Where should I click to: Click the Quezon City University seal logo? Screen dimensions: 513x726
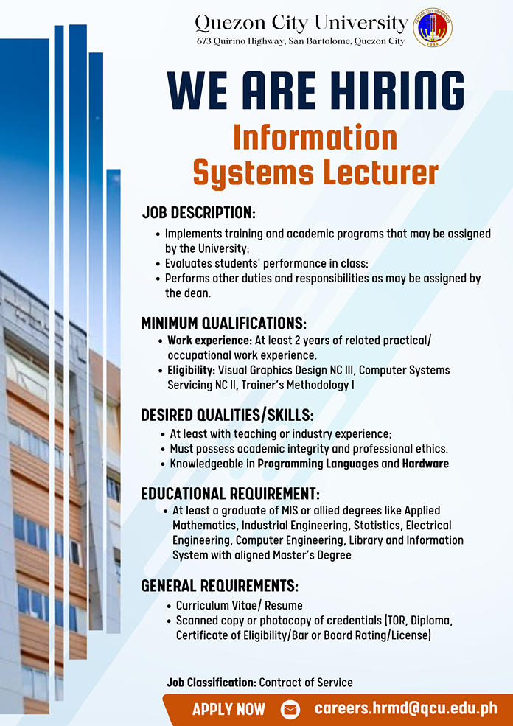tap(433, 27)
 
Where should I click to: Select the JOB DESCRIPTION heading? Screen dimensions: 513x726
tap(198, 212)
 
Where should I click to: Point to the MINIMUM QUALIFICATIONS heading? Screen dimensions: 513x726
tap(223, 323)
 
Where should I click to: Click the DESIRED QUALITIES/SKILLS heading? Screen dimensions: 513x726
tap(227, 415)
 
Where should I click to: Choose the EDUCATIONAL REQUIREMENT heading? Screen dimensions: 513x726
tap(230, 493)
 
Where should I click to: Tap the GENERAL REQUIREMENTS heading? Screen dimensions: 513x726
tap(220, 586)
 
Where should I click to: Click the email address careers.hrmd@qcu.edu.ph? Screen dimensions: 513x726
tap(406, 708)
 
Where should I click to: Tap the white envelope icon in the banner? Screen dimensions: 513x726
tap(290, 709)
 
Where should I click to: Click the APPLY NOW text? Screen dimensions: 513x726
tap(228, 709)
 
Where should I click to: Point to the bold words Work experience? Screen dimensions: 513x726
tap(210, 341)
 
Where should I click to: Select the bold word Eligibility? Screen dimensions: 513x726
tap(191, 371)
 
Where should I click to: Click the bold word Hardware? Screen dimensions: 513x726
tap(425, 464)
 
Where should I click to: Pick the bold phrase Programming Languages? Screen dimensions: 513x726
tap(318, 464)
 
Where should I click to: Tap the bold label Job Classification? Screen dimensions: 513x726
tap(211, 683)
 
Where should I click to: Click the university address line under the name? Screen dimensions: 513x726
tap(301, 41)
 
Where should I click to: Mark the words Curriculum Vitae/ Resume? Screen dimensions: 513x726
tap(240, 606)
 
